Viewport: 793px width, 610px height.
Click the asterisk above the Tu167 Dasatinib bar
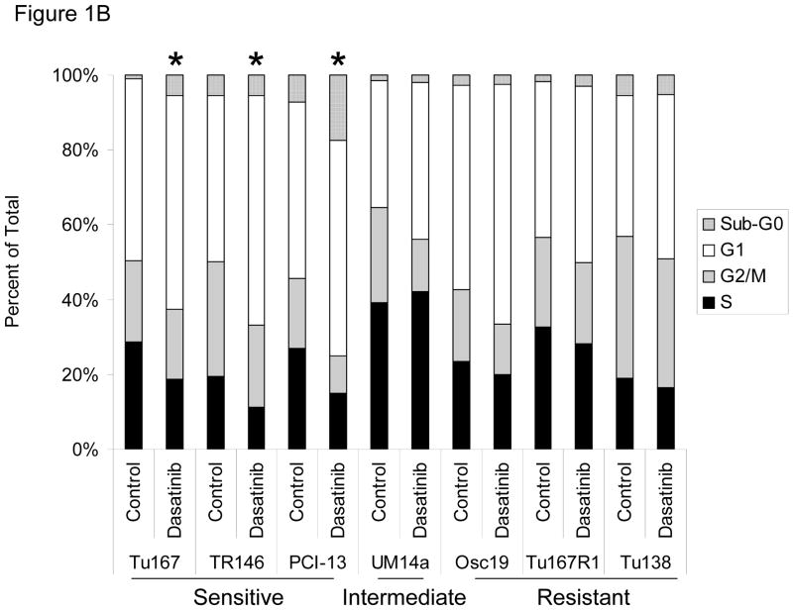point(174,61)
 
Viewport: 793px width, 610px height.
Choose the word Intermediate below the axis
point(403,598)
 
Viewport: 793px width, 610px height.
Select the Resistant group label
point(584,598)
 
